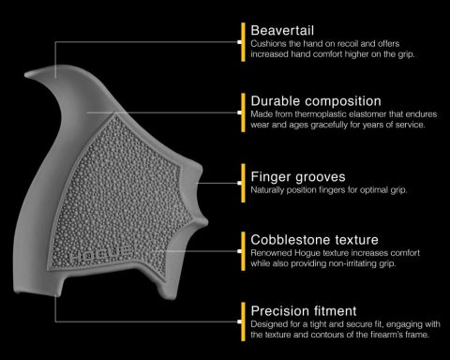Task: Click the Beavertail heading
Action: click(x=282, y=31)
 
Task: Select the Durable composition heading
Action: click(x=316, y=101)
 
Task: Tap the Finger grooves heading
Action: click(x=298, y=177)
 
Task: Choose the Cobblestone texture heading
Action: click(x=314, y=240)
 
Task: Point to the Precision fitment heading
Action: click(x=304, y=311)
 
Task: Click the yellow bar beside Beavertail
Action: click(x=243, y=42)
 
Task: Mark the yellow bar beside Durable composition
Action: click(x=243, y=112)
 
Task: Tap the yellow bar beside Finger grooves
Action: click(x=243, y=183)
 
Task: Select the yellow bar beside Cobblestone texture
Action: click(x=243, y=251)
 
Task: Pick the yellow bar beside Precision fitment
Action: click(x=243, y=322)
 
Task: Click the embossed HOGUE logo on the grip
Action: click(x=100, y=255)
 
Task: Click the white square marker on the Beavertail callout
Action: click(x=239, y=42)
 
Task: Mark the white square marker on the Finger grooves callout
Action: click(x=239, y=183)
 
